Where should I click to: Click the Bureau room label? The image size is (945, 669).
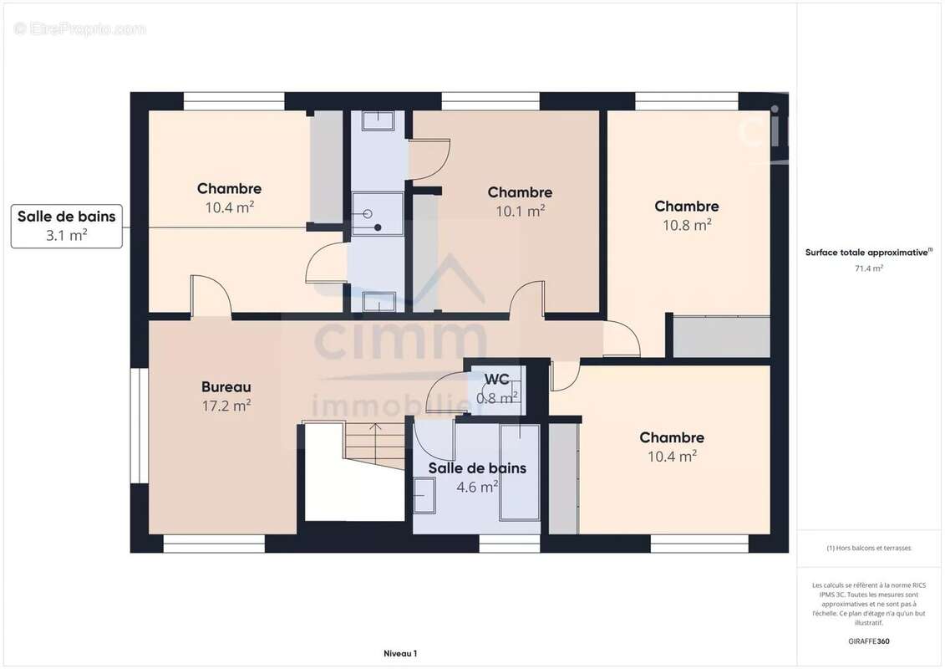click(226, 386)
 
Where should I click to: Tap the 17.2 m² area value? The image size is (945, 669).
click(226, 406)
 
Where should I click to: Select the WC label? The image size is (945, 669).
click(496, 380)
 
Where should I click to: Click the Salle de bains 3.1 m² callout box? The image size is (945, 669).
click(66, 227)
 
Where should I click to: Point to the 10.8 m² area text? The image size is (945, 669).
click(687, 225)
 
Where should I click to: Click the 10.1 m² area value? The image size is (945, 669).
click(520, 211)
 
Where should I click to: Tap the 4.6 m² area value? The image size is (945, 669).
click(477, 487)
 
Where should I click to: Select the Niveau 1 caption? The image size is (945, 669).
click(400, 653)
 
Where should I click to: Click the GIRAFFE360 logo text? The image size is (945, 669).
click(868, 641)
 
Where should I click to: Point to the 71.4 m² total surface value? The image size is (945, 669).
click(868, 268)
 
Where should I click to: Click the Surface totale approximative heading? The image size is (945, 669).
click(868, 253)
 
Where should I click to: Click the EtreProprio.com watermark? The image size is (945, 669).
click(79, 28)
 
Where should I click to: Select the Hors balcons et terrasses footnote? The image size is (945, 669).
click(868, 548)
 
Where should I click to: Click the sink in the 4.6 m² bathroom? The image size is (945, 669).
click(424, 495)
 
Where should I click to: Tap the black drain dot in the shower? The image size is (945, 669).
click(378, 227)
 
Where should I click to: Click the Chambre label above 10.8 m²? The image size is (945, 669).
click(687, 207)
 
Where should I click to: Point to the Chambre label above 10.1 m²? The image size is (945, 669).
click(520, 192)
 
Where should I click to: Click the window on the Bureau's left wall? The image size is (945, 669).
click(140, 426)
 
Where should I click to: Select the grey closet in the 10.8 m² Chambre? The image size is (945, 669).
click(721, 336)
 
